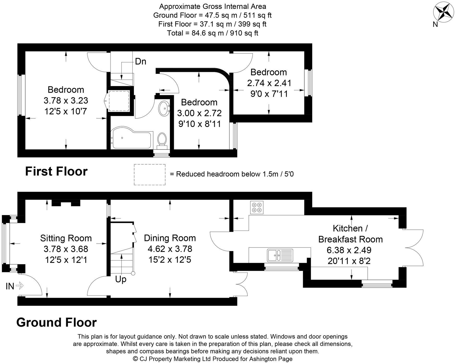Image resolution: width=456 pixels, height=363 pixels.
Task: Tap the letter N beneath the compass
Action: point(435,25)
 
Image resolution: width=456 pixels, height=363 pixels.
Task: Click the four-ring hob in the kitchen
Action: point(257,207)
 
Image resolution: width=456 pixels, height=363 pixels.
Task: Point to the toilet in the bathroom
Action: point(162,140)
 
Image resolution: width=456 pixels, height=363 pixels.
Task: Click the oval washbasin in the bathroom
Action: point(164,108)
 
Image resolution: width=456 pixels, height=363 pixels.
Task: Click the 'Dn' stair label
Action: point(140,62)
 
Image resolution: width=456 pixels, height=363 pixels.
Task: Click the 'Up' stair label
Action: point(121,279)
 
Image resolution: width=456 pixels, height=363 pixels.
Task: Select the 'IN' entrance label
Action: point(10,286)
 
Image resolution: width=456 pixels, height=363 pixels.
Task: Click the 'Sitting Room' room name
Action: point(66,238)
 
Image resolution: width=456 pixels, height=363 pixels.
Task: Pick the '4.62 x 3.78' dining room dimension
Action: point(170,249)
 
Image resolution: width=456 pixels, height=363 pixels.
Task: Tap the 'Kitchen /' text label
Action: point(350,228)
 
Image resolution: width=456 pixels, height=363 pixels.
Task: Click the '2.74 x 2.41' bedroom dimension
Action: point(269,83)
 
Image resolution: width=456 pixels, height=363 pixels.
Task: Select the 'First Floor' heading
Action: point(56,171)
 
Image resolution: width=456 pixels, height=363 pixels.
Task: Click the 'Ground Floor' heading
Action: point(56,323)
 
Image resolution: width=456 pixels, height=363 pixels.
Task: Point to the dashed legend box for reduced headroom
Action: point(150,174)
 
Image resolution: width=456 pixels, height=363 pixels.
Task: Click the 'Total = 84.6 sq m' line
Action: point(212,33)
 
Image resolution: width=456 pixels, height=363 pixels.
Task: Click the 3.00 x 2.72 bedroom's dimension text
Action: point(199,113)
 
